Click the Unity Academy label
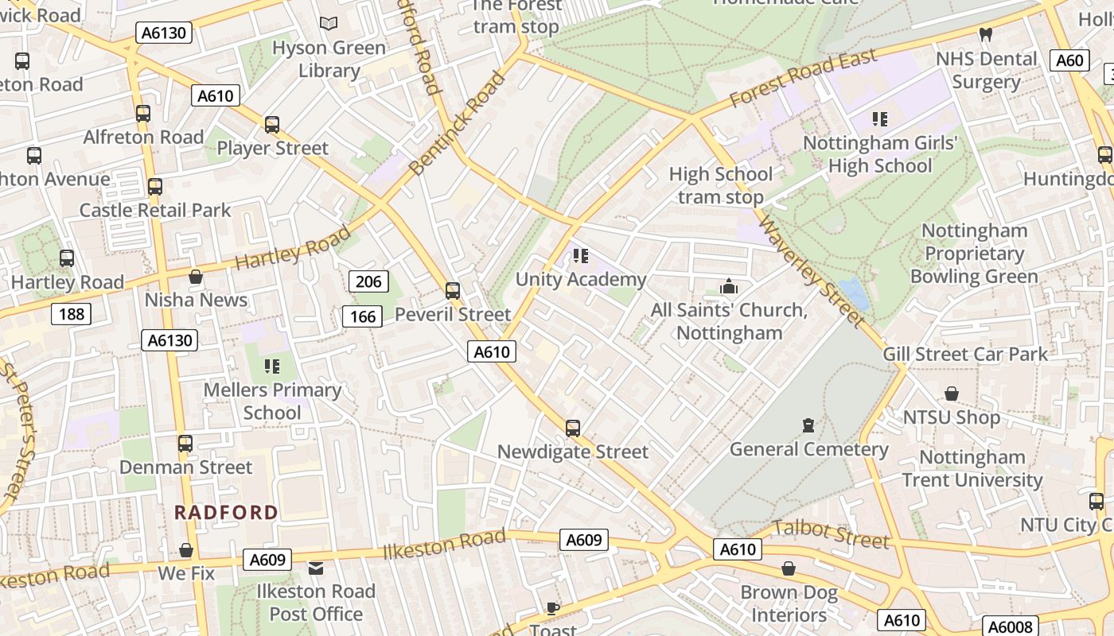click(x=580, y=279)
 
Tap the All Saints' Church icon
click(x=728, y=286)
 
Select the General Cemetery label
click(x=808, y=449)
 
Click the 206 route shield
click(x=368, y=281)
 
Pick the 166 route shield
click(x=362, y=317)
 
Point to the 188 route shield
click(x=71, y=314)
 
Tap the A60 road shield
click(x=1069, y=60)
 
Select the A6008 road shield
click(x=1010, y=626)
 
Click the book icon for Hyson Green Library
click(x=329, y=24)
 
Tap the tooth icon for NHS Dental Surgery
click(x=985, y=35)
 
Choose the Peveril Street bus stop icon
click(x=453, y=291)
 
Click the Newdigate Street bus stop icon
click(x=572, y=429)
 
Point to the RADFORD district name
click(x=226, y=513)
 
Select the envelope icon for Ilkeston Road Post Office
click(x=316, y=568)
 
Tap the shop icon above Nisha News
click(x=196, y=277)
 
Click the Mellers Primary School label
click(x=272, y=401)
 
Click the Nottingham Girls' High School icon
click(x=879, y=119)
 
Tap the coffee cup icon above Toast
click(x=553, y=609)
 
